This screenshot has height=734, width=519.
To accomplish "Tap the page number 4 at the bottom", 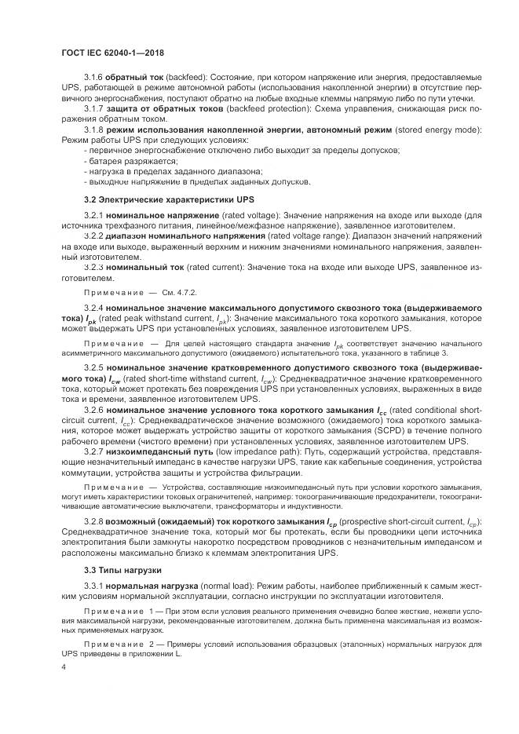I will tap(63, 666).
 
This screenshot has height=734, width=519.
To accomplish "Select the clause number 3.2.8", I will tap(94, 522).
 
